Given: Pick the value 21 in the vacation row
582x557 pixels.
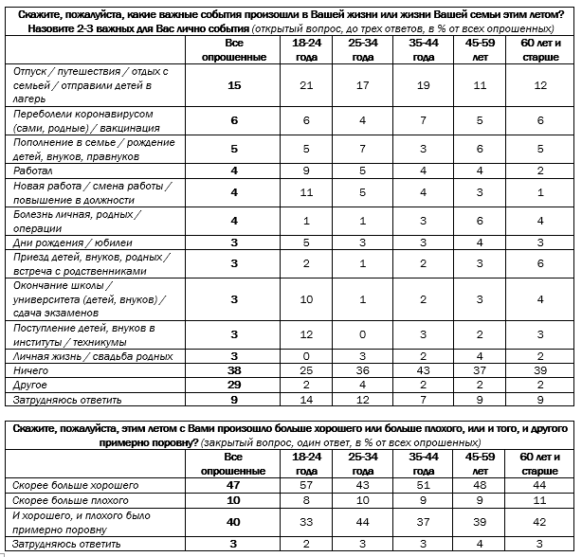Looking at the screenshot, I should point(305,86).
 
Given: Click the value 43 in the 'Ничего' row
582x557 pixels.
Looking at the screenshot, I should point(426,370).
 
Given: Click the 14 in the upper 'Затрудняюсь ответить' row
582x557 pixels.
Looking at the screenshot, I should point(305,399).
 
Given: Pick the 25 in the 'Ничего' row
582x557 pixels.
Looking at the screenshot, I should point(305,370).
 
